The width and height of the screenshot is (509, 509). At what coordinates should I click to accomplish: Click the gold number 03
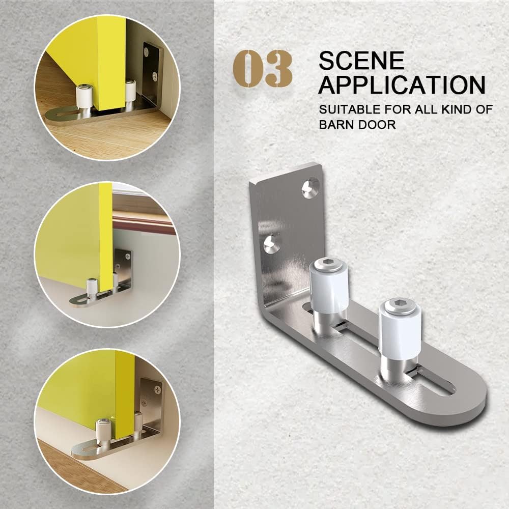point(263,68)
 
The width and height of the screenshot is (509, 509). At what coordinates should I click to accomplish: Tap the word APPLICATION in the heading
point(402,84)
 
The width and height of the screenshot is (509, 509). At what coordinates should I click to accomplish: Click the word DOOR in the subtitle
point(379,124)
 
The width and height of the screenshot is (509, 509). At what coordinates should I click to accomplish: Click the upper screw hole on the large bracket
point(310,187)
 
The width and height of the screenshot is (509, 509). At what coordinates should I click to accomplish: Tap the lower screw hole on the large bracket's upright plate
point(271,243)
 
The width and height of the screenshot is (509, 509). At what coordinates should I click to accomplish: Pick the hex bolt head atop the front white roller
point(399,305)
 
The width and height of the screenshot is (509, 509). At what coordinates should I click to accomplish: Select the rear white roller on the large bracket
point(329,288)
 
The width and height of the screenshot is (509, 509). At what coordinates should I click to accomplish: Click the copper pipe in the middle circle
point(143,224)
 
